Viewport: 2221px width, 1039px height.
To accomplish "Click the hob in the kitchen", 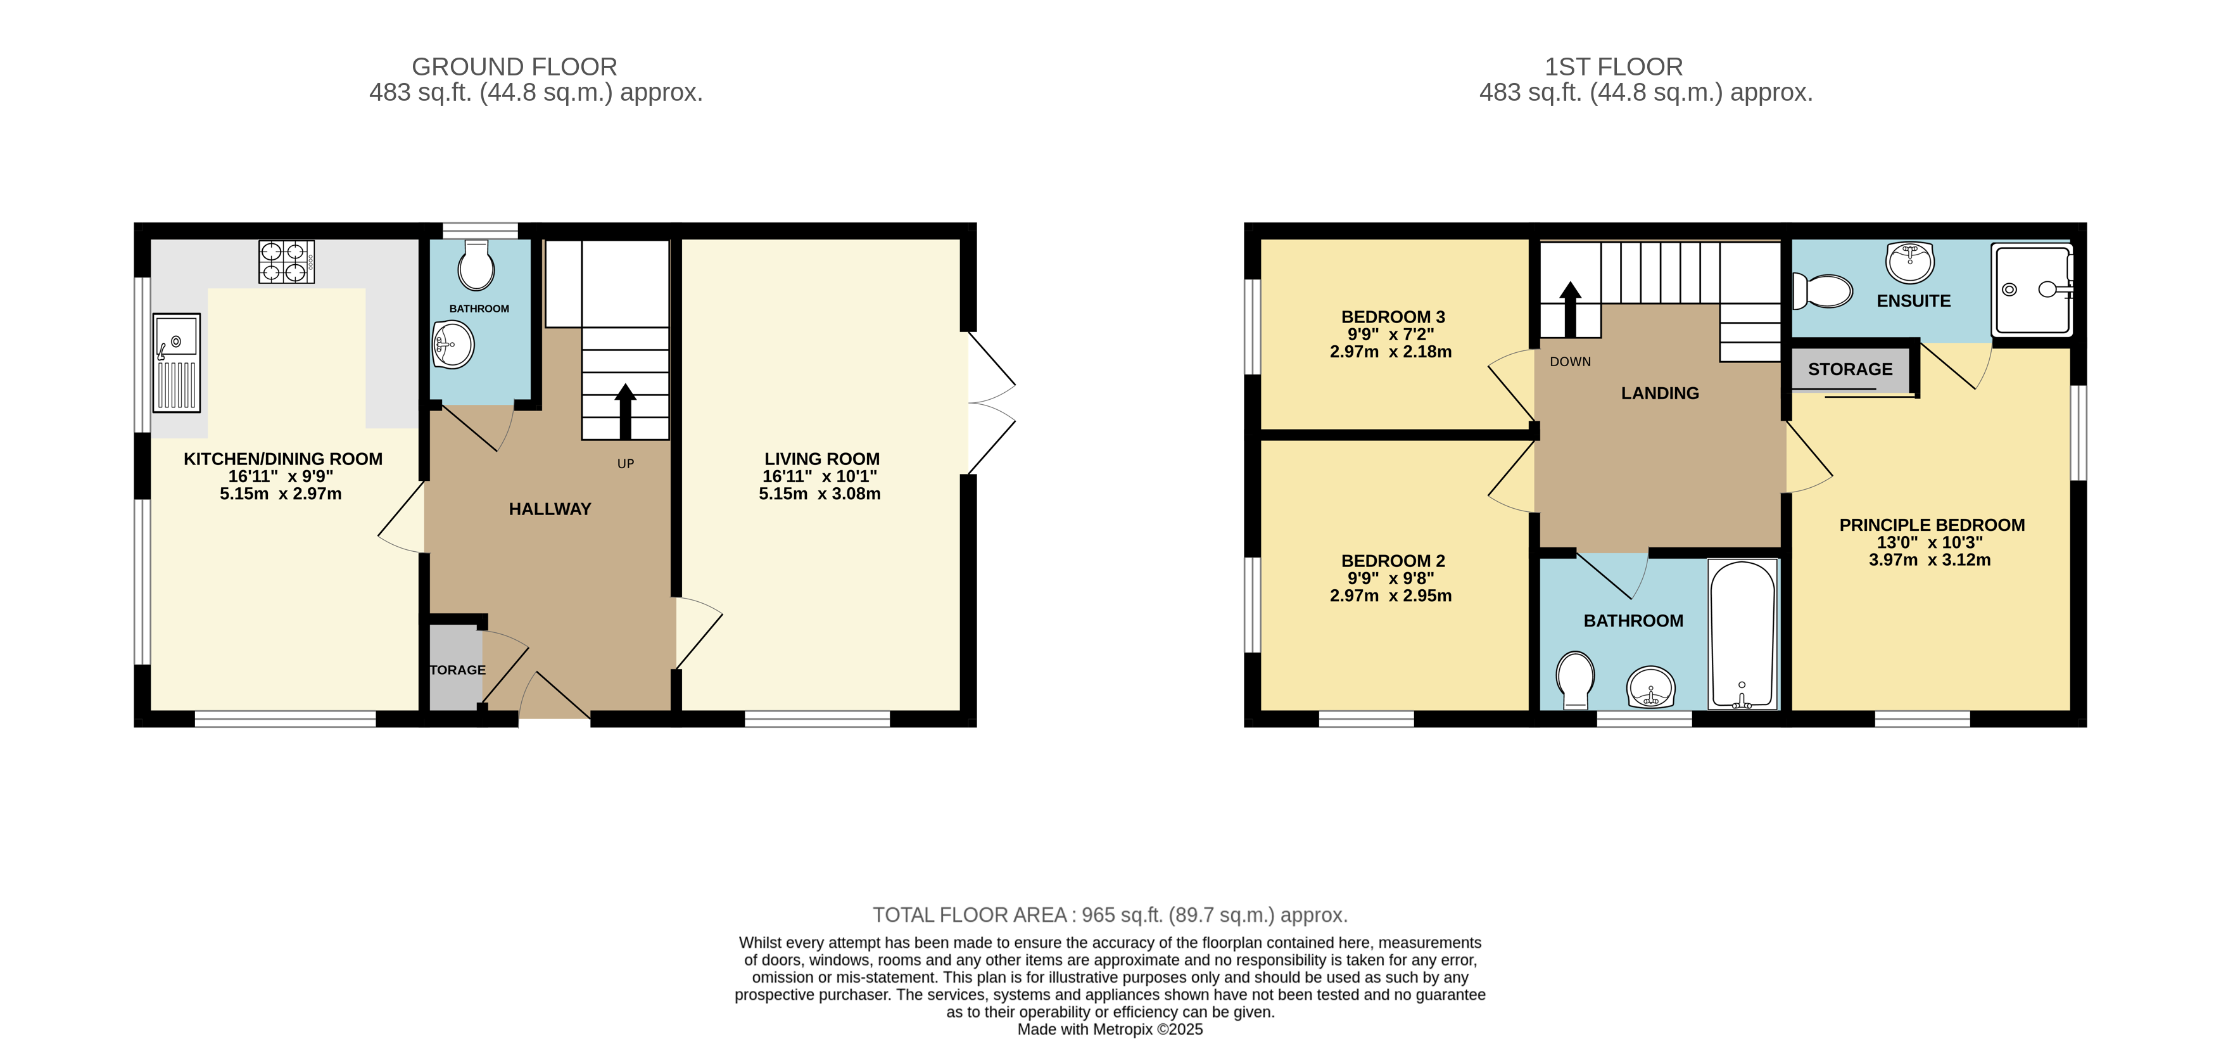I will [x=286, y=261].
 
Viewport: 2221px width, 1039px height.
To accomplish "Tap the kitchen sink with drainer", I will [x=177, y=362].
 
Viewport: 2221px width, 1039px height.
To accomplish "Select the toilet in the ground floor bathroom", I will [x=476, y=265].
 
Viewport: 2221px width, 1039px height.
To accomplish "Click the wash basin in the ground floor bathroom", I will [x=453, y=344].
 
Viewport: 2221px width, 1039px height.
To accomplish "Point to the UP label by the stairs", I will [x=626, y=464].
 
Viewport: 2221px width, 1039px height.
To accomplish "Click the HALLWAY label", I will [x=550, y=509].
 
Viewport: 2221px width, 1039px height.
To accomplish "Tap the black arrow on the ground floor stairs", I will [x=625, y=412].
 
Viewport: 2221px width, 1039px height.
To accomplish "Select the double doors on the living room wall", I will [x=990, y=403].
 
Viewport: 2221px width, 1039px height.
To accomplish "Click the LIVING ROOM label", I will [x=821, y=459].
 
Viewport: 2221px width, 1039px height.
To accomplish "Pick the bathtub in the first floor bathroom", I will [x=1742, y=634].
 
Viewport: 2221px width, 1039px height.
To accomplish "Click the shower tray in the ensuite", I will [x=2031, y=290].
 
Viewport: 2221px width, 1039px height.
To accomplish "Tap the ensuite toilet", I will [x=1822, y=291].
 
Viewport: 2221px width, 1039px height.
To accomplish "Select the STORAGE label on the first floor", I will [x=1851, y=369].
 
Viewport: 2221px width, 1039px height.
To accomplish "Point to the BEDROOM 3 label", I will [x=1393, y=316].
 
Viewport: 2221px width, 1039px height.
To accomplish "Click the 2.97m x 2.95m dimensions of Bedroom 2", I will [x=1391, y=596].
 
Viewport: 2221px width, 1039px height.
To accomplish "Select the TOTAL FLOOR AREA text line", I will [x=1110, y=915].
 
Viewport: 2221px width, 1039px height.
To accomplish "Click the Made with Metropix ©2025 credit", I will [x=1110, y=1029].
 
